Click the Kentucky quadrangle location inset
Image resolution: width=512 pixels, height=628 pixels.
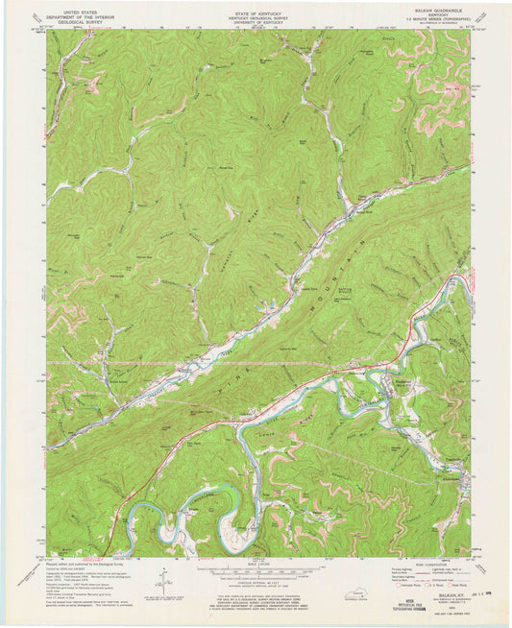[x=338, y=579]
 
